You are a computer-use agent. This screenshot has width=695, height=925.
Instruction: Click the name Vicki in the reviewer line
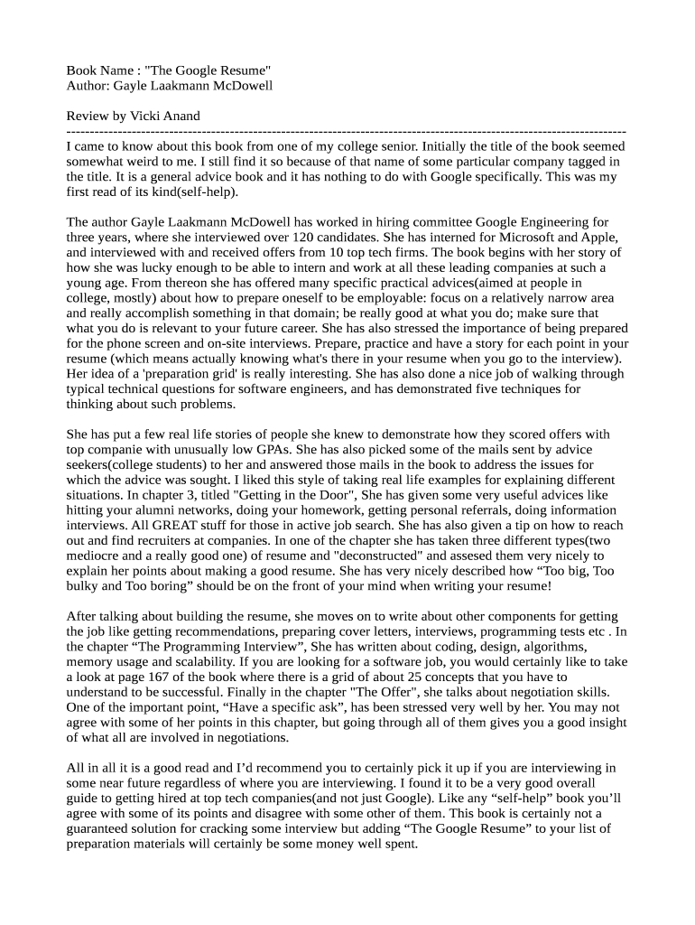click(x=146, y=116)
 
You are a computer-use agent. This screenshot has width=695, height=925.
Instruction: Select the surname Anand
click(x=183, y=116)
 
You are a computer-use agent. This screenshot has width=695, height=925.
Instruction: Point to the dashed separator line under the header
click(x=347, y=131)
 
